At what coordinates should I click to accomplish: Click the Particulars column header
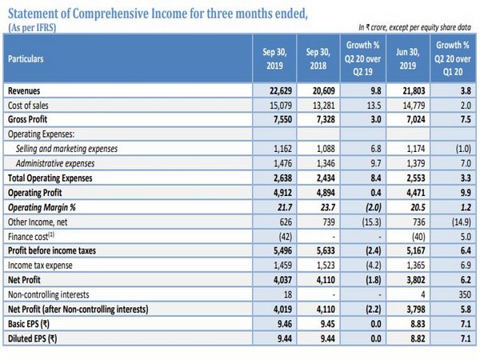[x=26, y=58]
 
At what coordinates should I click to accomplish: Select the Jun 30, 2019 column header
[x=408, y=58]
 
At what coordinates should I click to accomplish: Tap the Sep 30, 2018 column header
[x=318, y=58]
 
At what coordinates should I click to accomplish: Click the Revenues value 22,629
[x=281, y=91]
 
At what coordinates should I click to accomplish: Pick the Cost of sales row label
[x=28, y=106]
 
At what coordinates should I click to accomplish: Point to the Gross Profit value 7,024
[x=416, y=119]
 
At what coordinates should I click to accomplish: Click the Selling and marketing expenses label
[x=66, y=149]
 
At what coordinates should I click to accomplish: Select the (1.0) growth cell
[x=463, y=149]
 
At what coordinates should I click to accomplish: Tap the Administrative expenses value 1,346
[x=326, y=163]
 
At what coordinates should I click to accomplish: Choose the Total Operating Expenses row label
[x=50, y=178]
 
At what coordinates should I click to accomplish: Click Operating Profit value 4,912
[x=282, y=193]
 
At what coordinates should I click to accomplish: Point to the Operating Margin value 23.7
[x=327, y=207]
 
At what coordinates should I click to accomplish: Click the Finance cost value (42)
[x=285, y=237]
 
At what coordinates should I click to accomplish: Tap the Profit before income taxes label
[x=52, y=250]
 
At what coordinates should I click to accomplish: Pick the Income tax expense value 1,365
[x=416, y=265]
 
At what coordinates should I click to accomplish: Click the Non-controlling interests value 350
[x=465, y=294]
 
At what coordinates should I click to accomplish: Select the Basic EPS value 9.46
[x=285, y=324]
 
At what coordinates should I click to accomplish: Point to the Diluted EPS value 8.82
[x=418, y=338]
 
